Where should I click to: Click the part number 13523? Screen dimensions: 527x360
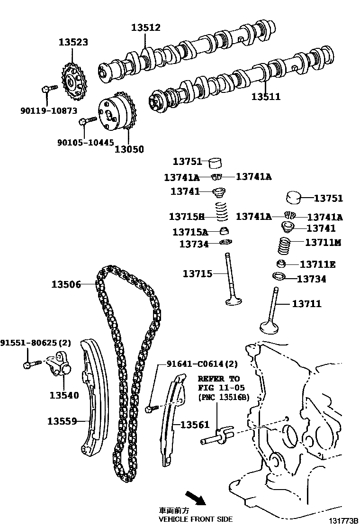73,42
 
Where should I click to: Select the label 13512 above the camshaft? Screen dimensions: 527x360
146,28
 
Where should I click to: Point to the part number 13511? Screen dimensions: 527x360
266,97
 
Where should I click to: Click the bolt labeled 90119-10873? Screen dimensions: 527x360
48,88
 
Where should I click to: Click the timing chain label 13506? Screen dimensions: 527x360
66,284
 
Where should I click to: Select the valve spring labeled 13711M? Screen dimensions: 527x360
283,245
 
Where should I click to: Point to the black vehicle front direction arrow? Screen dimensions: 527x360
195,498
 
